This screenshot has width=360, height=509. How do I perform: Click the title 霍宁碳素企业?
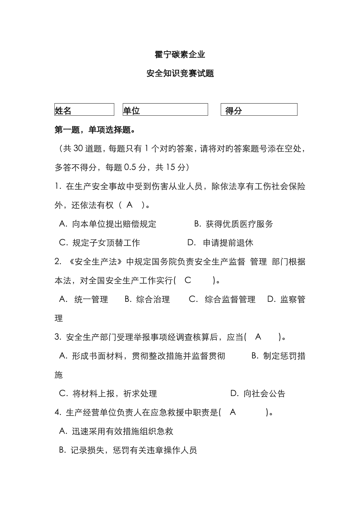pos(180,55)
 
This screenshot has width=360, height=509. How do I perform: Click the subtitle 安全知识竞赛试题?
pos(180,73)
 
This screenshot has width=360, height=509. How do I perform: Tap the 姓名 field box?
pos(84,110)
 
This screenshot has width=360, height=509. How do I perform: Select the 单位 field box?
pos(165,110)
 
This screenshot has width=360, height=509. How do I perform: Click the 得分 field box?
pos(259,110)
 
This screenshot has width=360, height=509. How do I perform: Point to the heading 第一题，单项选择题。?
pos(95,130)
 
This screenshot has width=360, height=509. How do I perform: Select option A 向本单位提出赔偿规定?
pos(108,224)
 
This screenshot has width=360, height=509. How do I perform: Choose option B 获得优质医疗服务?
pos(234,224)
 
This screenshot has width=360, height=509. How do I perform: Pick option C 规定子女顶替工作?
pos(99,243)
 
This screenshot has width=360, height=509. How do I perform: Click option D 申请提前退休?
pos(220,243)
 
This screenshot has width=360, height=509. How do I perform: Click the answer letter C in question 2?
pos(188,280)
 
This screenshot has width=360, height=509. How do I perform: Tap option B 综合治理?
pos(147,299)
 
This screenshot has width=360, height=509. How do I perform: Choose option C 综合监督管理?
pos(222,299)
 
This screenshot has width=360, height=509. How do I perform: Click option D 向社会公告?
pos(258,394)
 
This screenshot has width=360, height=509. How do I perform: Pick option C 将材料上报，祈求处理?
pos(108,394)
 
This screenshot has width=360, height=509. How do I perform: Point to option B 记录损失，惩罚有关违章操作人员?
pos(128,450)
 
